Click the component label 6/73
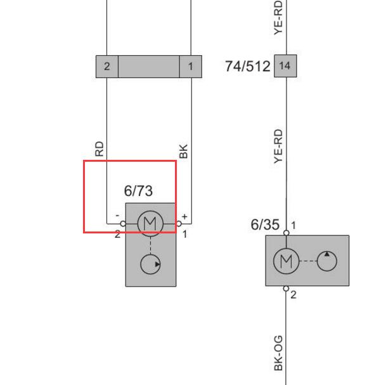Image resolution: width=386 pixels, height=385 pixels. point(138,191)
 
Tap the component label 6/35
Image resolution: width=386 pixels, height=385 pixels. point(265,225)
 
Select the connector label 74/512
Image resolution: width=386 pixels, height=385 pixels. point(248,66)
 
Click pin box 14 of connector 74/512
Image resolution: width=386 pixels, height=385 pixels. point(285,66)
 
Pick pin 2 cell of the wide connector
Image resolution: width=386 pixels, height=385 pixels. point(107,67)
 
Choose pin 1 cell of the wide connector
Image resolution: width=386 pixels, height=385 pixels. point(191,67)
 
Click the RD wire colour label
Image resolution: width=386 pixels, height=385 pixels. point(100,149)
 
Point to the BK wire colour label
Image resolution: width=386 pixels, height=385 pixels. point(183,151)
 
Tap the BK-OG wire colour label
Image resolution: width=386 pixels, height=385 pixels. point(278,353)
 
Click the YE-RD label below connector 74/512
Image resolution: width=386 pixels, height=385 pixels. point(278,147)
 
